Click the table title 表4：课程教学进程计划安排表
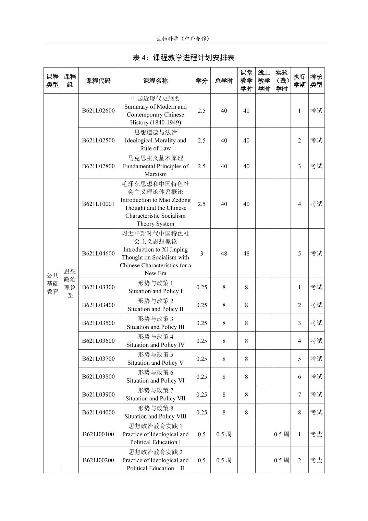coord(183,58)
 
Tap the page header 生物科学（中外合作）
coord(183,39)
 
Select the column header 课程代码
coord(98,81)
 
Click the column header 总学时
coord(224,81)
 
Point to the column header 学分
coord(201,81)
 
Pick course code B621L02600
coord(98,111)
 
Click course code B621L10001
coord(98,204)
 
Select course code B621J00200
coord(98,460)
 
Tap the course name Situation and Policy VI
coord(155,380)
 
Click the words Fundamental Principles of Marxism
coord(155,170)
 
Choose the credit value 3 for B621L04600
coord(201,254)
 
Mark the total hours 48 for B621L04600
coord(224,254)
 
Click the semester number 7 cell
coord(299,395)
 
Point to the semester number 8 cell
coord(299,412)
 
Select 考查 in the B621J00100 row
coord(316,434)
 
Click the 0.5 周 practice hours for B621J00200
coord(281,460)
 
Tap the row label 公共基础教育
coord(52,283)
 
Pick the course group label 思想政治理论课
coord(70,283)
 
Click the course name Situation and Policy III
coord(155,327)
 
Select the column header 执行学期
coord(299,81)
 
